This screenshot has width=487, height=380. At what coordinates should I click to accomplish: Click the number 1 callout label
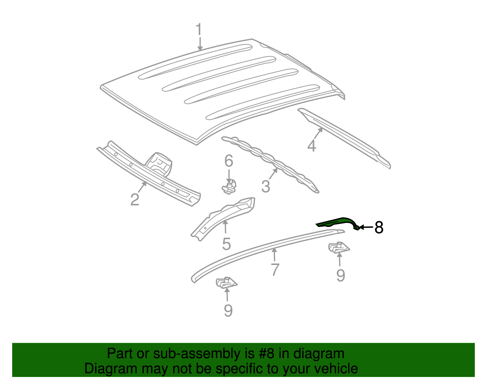[x=199, y=30]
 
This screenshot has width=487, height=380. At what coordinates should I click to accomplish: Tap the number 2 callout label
[x=135, y=200]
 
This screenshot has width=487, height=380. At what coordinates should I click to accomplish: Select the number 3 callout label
[x=265, y=187]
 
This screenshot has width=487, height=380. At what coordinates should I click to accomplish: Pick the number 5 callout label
[x=226, y=244]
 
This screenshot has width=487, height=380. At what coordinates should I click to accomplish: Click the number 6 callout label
[x=229, y=161]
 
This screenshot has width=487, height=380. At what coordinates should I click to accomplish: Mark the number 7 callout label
[x=275, y=270]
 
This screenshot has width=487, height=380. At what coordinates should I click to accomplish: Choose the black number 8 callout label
[x=379, y=227]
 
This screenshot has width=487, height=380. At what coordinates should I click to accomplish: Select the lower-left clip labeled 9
[x=226, y=283]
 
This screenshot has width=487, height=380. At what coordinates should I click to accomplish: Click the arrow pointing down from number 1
[x=200, y=44]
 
